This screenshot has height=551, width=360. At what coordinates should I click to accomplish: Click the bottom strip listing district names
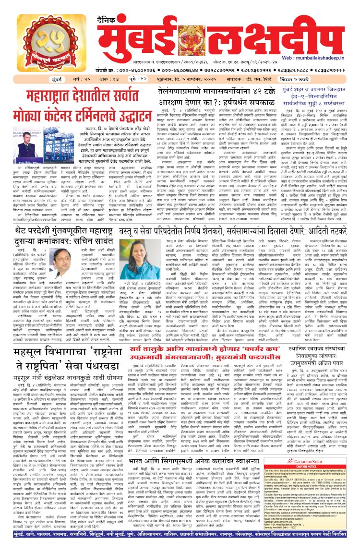pos(180,544)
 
